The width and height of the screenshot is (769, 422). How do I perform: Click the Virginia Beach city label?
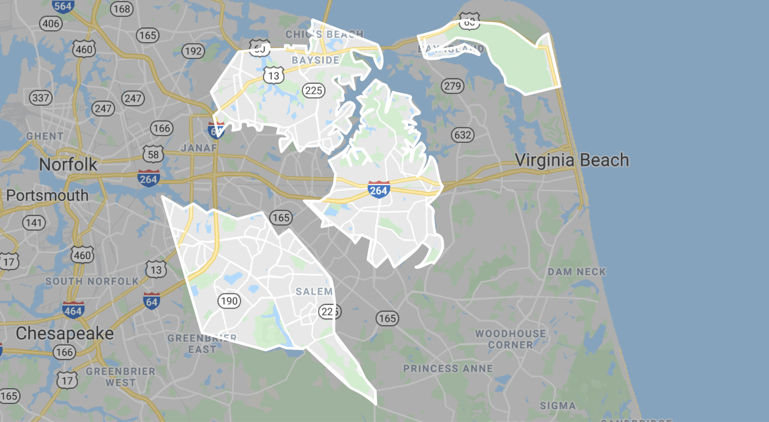tap(572, 160)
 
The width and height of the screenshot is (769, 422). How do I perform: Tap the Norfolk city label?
tap(68, 164)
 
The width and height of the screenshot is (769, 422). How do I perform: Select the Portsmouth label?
tap(47, 196)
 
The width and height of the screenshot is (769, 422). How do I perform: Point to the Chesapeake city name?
tap(65, 333)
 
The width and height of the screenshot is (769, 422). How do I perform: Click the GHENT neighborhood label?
tap(45, 136)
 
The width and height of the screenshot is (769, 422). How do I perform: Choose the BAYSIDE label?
tap(316, 60)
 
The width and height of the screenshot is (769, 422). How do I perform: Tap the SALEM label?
tap(314, 291)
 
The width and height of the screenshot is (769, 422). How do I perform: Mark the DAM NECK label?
tap(577, 272)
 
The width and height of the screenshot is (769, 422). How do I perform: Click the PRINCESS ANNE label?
tap(448, 369)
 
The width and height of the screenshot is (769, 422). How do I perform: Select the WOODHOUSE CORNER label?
tap(511, 339)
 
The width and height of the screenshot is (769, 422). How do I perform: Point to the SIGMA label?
tap(558, 406)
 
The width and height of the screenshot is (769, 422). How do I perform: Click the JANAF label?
tap(199, 148)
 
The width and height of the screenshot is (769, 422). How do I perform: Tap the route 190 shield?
tap(229, 301)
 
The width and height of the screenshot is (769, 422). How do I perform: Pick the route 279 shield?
tap(453, 86)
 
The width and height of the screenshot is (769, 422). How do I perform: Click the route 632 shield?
tap(463, 135)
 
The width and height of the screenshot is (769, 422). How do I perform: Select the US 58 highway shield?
tap(153, 154)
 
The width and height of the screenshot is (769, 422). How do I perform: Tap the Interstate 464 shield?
tap(73, 310)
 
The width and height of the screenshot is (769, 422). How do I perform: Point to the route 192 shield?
tap(193, 51)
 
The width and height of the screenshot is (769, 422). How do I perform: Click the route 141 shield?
tap(34, 223)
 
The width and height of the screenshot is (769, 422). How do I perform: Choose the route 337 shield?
tap(40, 98)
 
